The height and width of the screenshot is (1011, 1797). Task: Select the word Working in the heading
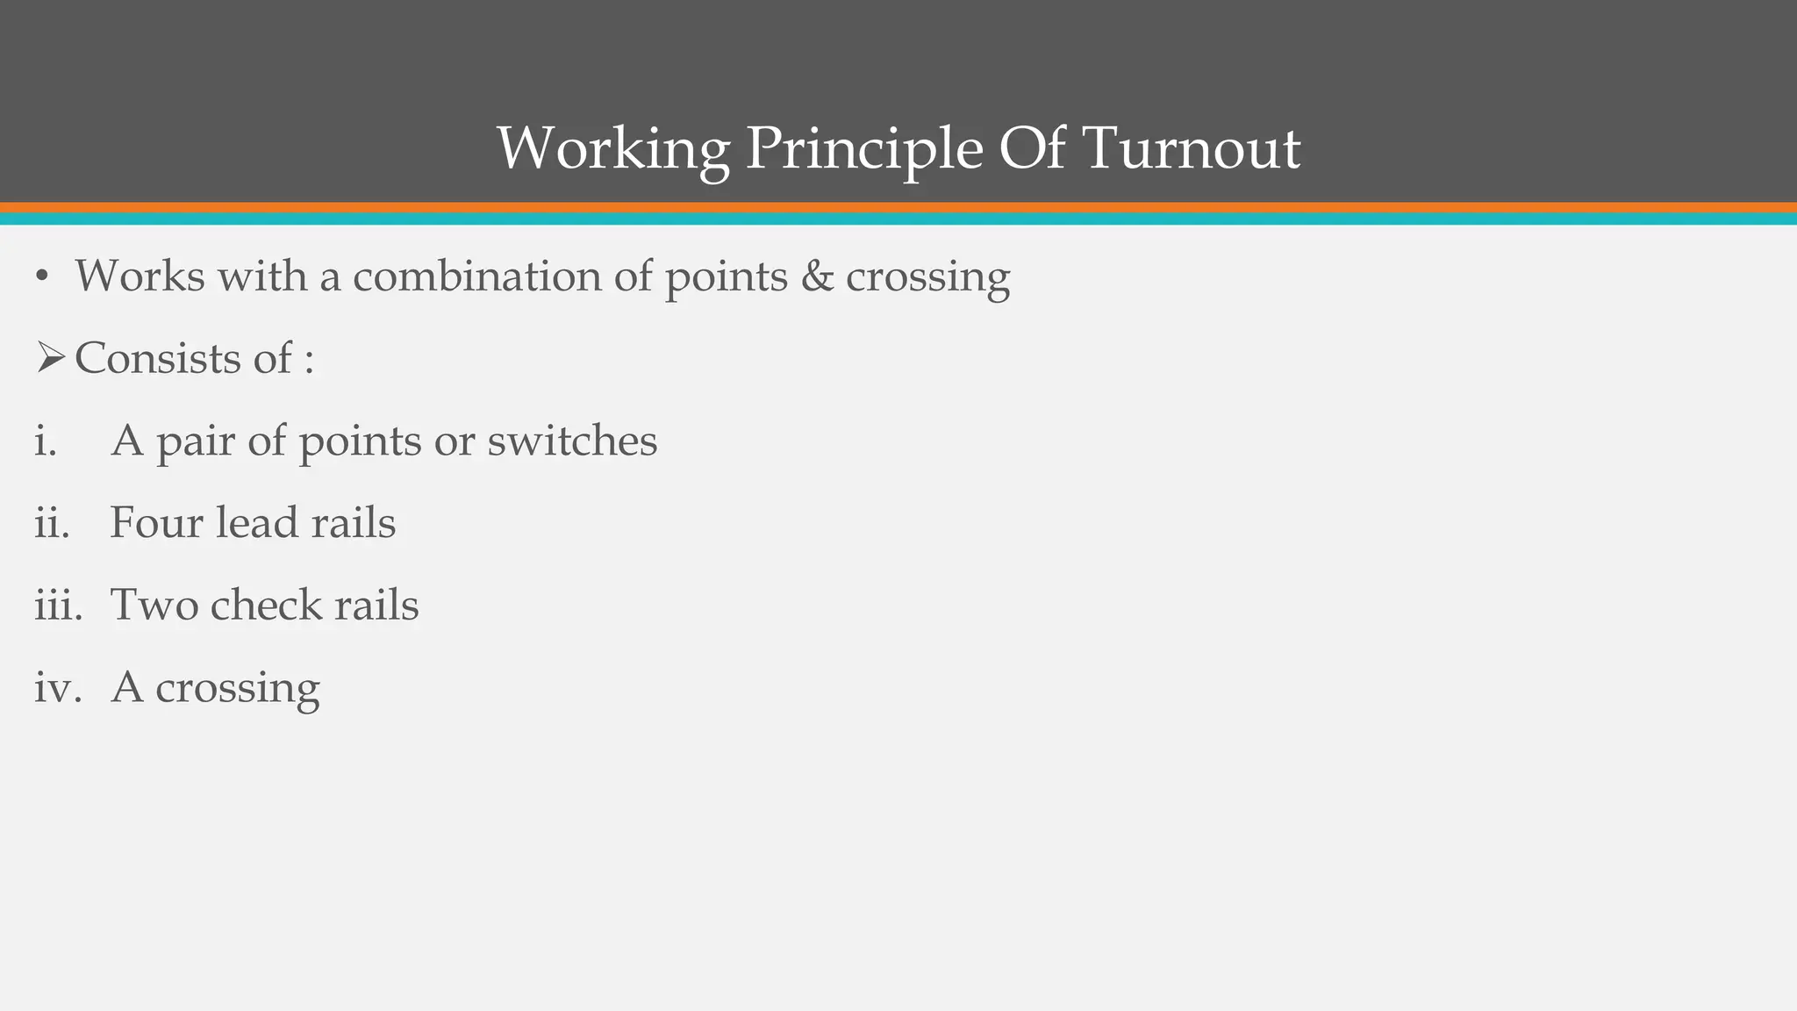pos(612,149)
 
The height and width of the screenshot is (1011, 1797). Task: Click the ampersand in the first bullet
pos(817,276)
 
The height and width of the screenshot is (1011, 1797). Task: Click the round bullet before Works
pos(41,277)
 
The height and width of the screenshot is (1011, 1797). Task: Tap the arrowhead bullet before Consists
pos(50,358)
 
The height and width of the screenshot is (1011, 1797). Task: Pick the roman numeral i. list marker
pos(45,440)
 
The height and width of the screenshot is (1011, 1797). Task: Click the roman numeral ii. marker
pos(51,522)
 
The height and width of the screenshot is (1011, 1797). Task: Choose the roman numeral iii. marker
pos(58,605)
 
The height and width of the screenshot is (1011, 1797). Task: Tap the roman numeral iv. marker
pos(57,686)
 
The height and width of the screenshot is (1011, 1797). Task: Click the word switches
pos(572,440)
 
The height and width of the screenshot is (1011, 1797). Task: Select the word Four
pos(156,522)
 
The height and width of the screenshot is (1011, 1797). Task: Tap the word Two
pos(154,605)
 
